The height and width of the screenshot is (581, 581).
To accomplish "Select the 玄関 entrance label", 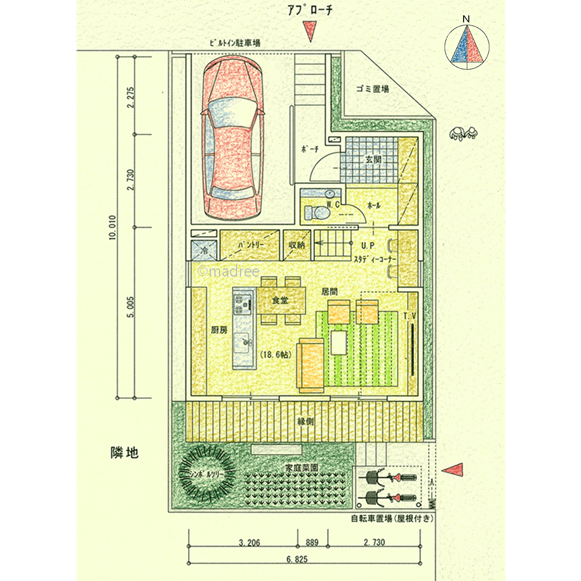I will click(x=372, y=159).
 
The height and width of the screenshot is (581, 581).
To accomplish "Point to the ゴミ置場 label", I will click(x=372, y=89).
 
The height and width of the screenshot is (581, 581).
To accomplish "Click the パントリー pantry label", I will click(x=250, y=245).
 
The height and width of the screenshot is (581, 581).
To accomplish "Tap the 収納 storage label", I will click(x=296, y=245).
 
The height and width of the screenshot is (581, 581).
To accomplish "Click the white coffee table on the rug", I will click(x=337, y=342).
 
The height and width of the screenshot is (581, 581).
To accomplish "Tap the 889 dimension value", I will click(x=312, y=543).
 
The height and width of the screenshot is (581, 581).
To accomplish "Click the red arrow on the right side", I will click(x=454, y=469).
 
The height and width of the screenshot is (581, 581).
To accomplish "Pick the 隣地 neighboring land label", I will click(x=124, y=453).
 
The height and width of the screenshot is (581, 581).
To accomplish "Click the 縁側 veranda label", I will click(x=304, y=421).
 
